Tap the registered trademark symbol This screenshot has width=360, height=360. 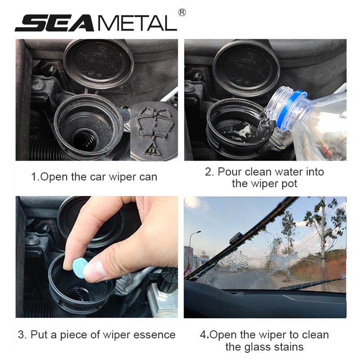click(182, 13)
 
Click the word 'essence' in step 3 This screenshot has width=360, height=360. click(154, 335)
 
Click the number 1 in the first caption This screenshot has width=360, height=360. click(34, 177)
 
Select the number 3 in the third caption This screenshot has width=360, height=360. click(21, 335)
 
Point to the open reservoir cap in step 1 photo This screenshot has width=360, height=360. click(98, 63)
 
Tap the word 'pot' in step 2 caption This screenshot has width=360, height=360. click(289, 184)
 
